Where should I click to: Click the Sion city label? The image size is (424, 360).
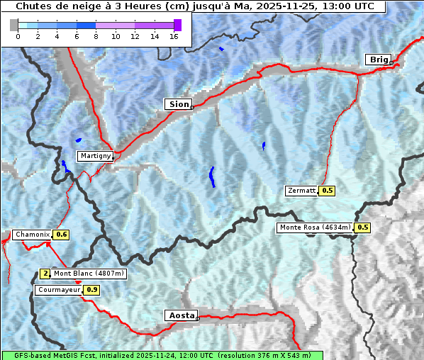(x=179, y=104)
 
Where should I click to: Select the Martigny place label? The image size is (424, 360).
(x=95, y=156)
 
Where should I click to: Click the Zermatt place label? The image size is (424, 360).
(x=302, y=191)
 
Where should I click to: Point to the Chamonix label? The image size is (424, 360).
(x=33, y=235)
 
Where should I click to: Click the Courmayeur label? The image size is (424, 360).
(x=59, y=290)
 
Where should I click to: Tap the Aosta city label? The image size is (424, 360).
(x=180, y=315)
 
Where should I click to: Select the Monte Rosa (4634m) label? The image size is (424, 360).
(x=315, y=227)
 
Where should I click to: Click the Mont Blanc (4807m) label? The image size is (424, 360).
(x=89, y=274)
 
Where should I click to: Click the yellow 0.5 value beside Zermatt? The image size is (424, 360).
(x=327, y=191)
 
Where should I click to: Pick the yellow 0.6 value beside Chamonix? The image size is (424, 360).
(x=62, y=235)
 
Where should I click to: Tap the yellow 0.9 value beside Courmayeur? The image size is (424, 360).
(x=91, y=290)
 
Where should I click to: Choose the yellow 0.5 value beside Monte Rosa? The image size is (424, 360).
(x=362, y=227)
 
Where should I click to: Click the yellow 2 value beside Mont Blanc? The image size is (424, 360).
(x=45, y=274)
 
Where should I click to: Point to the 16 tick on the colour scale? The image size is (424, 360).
(x=174, y=37)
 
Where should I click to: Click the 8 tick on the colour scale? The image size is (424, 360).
(x=96, y=37)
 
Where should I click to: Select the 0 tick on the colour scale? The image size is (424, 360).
(x=18, y=37)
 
